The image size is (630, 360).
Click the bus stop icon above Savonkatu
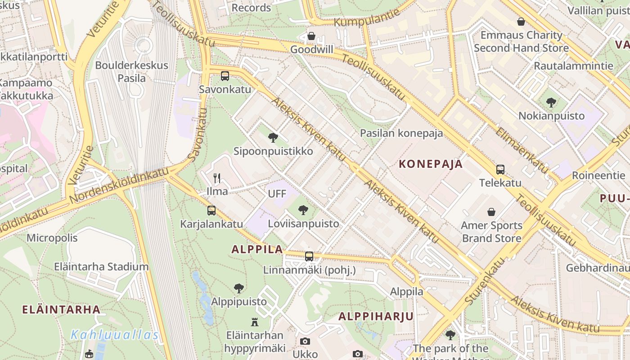pyautogui.click(x=225, y=76)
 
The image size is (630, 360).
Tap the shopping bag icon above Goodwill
pyautogui.click(x=311, y=36)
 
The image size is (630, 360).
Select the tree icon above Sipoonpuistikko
pyautogui.click(x=273, y=138)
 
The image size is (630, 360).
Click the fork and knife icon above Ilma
pyautogui.click(x=217, y=178)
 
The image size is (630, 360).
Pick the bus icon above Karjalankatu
pyautogui.click(x=211, y=210)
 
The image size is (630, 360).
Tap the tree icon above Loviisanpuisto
pyautogui.click(x=303, y=210)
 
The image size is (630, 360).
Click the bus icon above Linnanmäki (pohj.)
pyautogui.click(x=309, y=256)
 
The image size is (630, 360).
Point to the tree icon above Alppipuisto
pyautogui.click(x=239, y=288)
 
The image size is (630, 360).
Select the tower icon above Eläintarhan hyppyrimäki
pyautogui.click(x=255, y=322)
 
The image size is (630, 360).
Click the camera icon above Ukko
pyautogui.click(x=305, y=341)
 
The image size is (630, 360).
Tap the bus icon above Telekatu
pyautogui.click(x=500, y=170)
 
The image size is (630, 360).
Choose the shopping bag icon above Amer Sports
pyautogui.click(x=491, y=211)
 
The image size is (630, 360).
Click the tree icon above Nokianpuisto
pyautogui.click(x=551, y=103)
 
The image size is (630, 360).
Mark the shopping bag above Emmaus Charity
pyautogui.click(x=521, y=22)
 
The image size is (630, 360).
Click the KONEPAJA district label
pyautogui.click(x=431, y=164)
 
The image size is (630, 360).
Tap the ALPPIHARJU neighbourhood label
pyautogui.click(x=376, y=316)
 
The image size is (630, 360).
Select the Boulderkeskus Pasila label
pyautogui.click(x=131, y=72)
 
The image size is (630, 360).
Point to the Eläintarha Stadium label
pyautogui.click(x=101, y=266)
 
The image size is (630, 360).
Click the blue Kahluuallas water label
pyautogui.click(x=115, y=335)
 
